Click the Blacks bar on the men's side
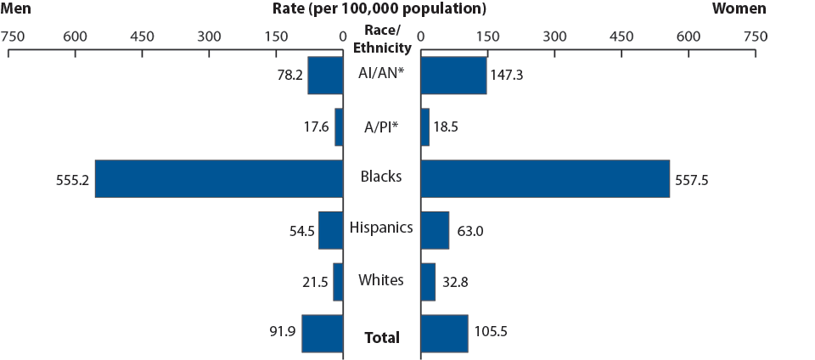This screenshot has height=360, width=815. point(218,178)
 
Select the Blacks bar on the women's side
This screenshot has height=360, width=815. point(545,178)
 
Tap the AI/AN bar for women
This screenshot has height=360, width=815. point(453,75)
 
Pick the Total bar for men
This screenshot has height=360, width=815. point(322,333)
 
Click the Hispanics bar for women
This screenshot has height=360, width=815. point(435,230)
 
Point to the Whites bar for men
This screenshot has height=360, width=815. point(338,282)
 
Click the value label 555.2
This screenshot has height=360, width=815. point(72,179)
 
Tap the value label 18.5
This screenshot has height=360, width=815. point(450,127)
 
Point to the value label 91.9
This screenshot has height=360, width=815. point(281,331)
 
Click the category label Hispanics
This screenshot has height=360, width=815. point(381,228)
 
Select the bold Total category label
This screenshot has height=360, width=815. point(381,337)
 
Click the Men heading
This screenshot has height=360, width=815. point(16,9)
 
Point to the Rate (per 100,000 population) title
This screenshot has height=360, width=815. point(379,9)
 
